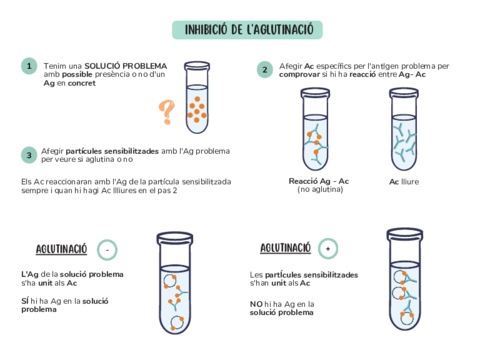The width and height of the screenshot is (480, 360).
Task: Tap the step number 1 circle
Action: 30,66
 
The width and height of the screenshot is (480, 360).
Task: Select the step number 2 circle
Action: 264,70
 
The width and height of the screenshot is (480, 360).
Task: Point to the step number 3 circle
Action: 30,154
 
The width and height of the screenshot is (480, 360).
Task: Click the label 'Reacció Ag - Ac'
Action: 318,181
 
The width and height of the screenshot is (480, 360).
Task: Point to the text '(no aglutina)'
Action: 318,190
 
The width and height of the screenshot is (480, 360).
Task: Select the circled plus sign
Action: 328,247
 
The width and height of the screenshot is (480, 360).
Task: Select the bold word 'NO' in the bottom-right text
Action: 255,301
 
